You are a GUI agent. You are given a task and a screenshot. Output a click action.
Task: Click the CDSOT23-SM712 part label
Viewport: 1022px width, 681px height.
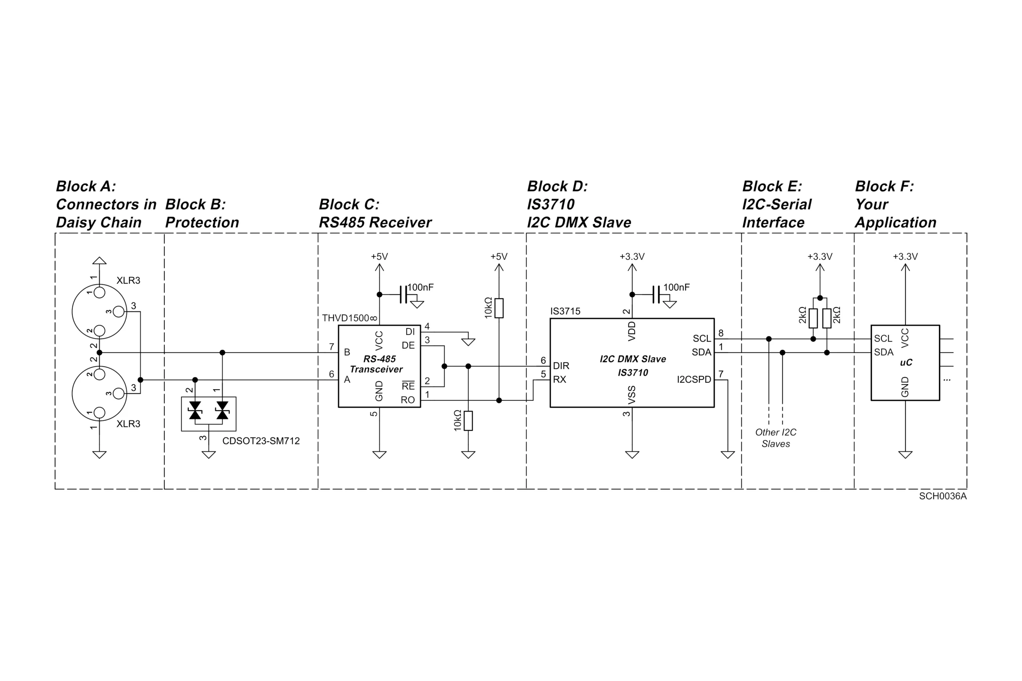click(261, 441)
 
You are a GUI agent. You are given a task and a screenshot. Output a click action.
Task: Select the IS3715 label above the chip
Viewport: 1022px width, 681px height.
click(565, 311)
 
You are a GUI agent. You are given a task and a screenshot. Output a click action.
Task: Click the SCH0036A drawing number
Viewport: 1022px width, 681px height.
click(943, 496)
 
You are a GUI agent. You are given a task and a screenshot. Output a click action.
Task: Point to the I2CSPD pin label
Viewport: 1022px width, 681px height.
click(693, 380)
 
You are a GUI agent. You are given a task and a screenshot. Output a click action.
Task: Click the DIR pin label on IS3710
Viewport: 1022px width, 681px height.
click(561, 366)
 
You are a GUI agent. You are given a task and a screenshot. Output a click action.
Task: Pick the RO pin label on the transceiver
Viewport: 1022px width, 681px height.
click(408, 400)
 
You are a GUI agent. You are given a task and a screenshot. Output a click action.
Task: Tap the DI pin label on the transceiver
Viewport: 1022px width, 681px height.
click(410, 332)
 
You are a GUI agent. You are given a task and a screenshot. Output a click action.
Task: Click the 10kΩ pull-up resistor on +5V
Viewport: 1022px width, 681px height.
click(499, 308)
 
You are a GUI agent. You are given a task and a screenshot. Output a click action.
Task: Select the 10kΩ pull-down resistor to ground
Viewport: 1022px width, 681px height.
click(468, 420)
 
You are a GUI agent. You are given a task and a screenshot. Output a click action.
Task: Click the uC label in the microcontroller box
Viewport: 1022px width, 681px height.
click(905, 362)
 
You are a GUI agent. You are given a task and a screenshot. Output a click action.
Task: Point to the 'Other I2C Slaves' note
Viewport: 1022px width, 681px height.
click(776, 438)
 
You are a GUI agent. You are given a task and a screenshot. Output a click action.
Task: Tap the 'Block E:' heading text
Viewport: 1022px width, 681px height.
click(772, 186)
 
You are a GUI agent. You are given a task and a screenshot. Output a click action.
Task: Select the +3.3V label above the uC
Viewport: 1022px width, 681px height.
click(905, 257)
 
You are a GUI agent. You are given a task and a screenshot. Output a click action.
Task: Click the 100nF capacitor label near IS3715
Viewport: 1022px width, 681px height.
click(676, 287)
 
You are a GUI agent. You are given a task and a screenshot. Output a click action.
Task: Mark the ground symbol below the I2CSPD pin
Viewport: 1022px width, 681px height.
click(727, 455)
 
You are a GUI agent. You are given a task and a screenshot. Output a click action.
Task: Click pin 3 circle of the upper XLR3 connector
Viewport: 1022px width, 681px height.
click(118, 311)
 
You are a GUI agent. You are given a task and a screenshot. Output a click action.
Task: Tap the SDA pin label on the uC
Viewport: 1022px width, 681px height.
click(883, 352)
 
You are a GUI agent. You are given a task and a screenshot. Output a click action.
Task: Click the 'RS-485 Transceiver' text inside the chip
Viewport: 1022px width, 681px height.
click(377, 364)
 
